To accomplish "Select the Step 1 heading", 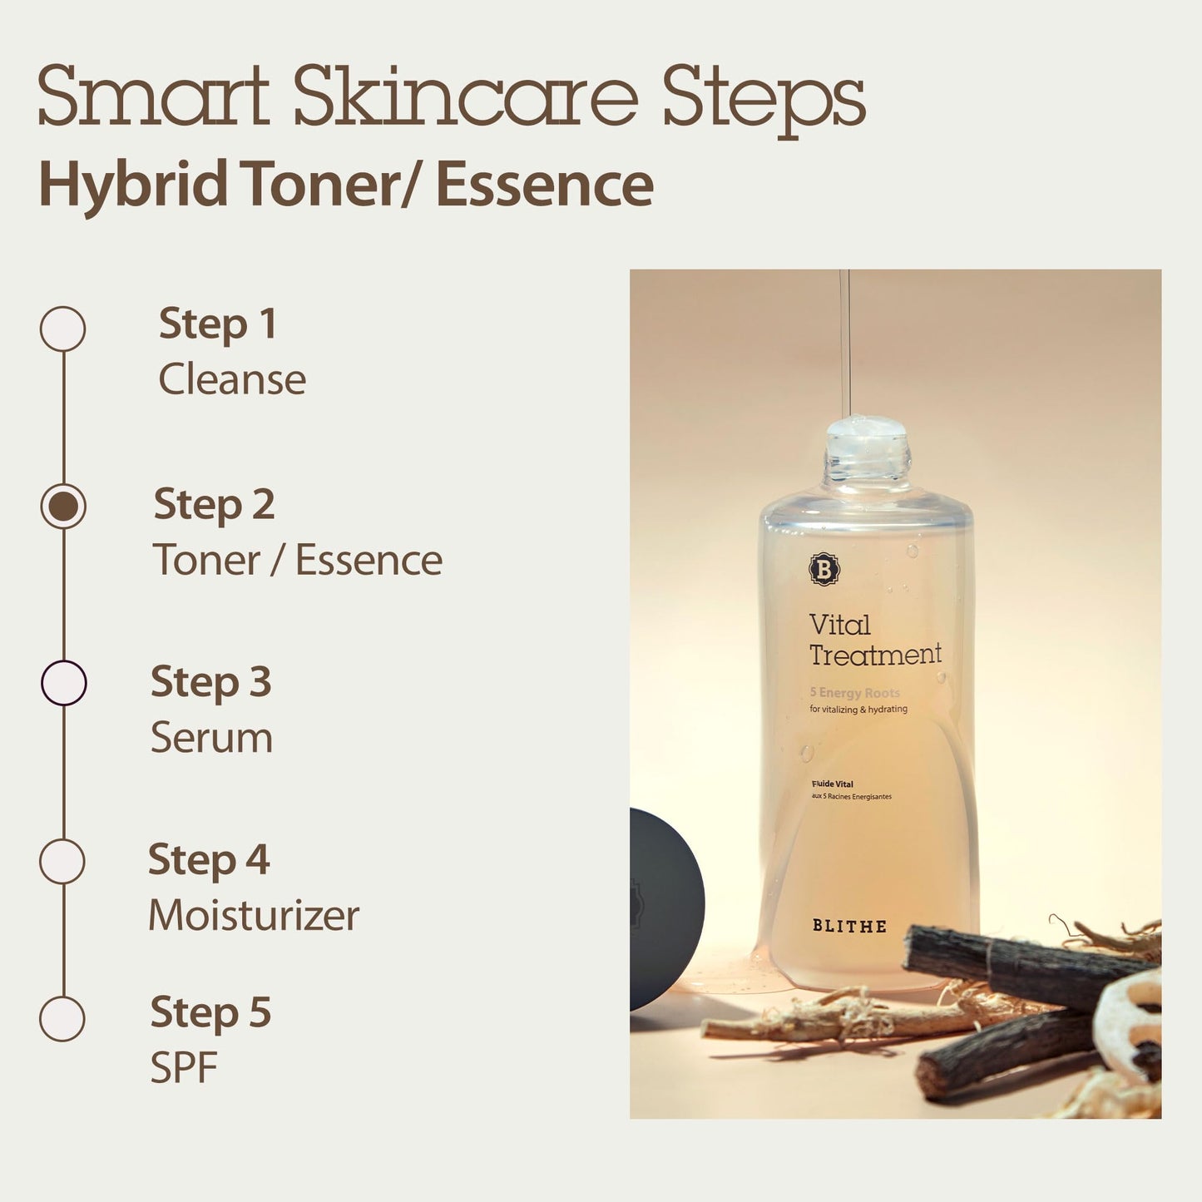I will tap(217, 324).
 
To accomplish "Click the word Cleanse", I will tap(232, 379).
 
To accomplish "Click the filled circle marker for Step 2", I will tap(63, 506).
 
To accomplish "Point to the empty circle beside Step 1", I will tap(62, 329).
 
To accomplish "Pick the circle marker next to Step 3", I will tap(63, 683).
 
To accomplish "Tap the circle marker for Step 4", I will tap(62, 861).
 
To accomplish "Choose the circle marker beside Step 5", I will tap(62, 1018).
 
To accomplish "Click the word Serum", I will tap(211, 738).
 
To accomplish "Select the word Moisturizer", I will tap(254, 916).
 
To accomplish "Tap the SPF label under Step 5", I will tap(183, 1068).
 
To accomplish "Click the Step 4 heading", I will tap(209, 859).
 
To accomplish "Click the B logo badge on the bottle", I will tap(824, 570).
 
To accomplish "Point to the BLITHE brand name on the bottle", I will tap(849, 926).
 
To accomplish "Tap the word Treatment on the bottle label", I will tap(875, 655).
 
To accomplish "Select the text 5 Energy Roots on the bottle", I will tap(854, 693).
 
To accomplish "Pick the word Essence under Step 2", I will tap(369, 560).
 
